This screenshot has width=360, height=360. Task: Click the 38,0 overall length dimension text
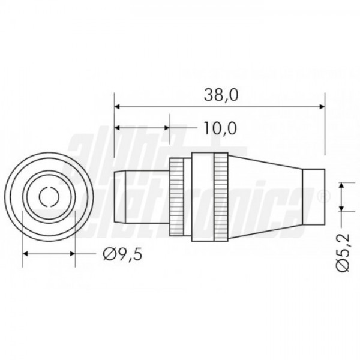(221, 95)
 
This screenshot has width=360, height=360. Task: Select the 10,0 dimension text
(220, 128)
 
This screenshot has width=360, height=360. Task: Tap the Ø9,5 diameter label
(122, 254)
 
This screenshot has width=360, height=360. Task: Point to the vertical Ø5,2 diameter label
(343, 253)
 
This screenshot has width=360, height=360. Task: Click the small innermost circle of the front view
(49, 197)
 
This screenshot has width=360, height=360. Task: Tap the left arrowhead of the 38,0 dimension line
(118, 107)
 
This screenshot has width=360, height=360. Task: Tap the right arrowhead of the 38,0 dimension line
(322, 107)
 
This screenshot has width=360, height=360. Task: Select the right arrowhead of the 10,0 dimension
(167, 128)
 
